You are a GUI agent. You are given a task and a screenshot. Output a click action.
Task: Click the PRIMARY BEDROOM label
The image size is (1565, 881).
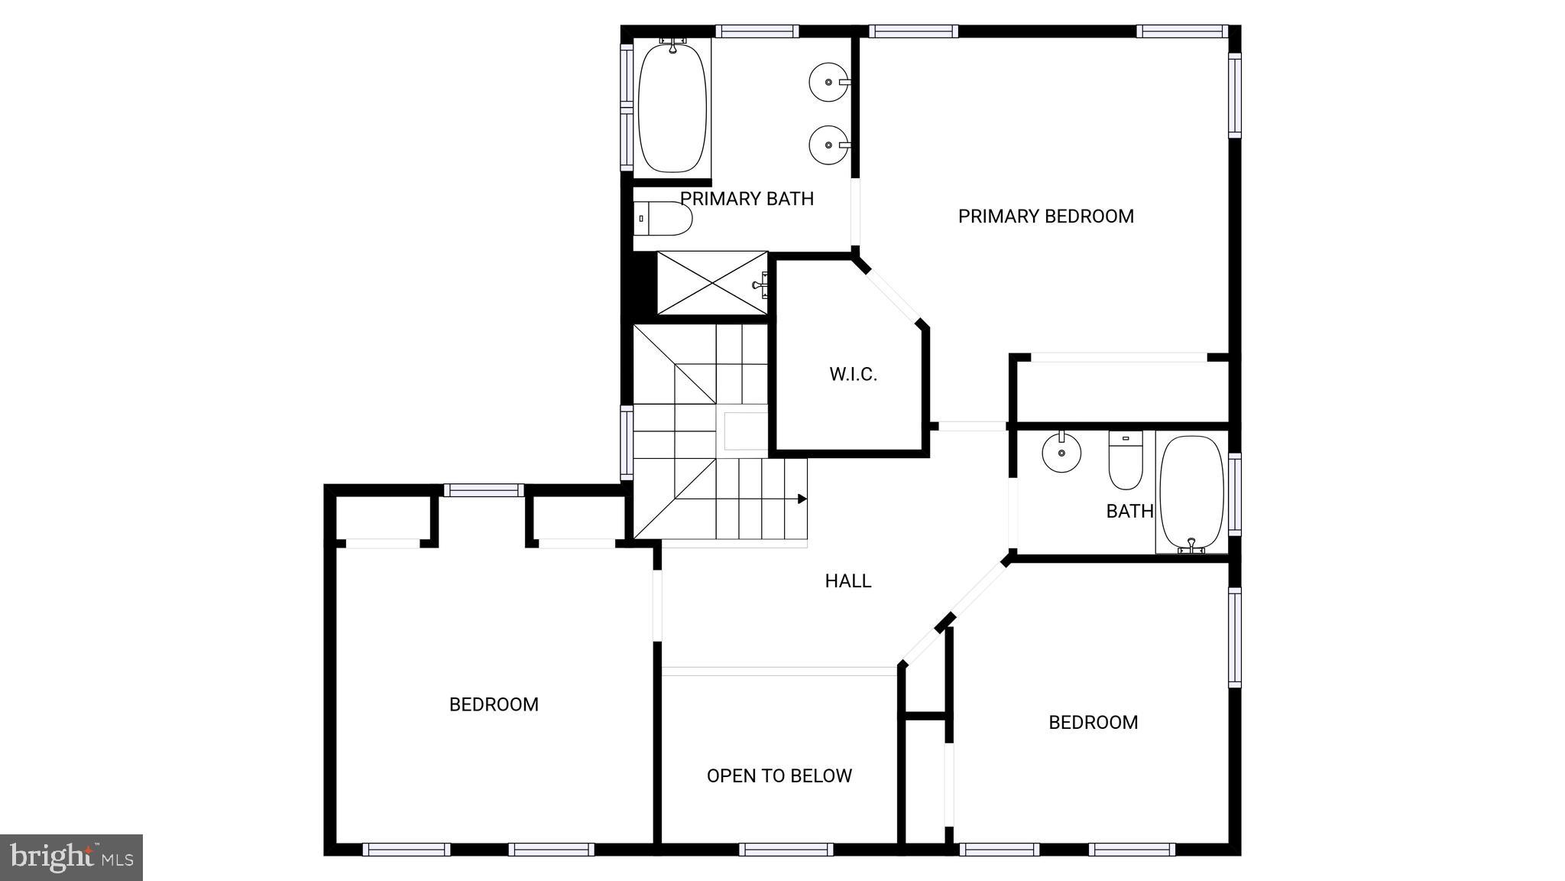point(1045,216)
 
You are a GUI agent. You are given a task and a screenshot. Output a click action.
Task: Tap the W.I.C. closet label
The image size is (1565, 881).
point(853,375)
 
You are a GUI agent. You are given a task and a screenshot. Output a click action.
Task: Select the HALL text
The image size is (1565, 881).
point(847,581)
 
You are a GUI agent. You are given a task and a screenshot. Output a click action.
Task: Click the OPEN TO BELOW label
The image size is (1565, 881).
point(779,776)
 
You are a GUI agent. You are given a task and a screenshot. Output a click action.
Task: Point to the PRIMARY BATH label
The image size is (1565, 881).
point(747,199)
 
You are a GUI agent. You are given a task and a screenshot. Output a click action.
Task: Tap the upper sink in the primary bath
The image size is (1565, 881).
point(828,81)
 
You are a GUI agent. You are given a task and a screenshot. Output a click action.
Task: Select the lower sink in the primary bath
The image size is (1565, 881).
point(828,145)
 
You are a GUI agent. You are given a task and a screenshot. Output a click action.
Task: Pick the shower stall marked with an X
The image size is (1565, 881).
point(711,283)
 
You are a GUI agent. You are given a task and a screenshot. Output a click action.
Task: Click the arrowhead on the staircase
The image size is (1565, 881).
point(802,499)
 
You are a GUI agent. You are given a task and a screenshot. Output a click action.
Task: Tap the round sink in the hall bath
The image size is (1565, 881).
point(1062,453)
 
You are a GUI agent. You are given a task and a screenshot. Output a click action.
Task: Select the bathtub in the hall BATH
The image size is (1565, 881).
point(1191,493)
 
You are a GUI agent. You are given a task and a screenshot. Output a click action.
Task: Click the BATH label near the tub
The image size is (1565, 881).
point(1129,512)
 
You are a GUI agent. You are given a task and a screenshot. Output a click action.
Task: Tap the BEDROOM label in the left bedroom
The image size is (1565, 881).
point(494,705)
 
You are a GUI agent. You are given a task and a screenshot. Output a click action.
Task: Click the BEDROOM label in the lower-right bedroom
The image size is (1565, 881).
point(1093,723)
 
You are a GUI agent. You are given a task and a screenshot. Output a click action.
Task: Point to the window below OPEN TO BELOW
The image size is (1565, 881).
point(786,849)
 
